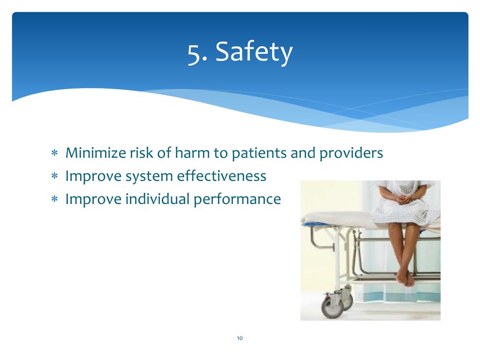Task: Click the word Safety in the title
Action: tap(254, 52)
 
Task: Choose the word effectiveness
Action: tap(222, 176)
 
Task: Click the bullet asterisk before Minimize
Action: tap(54, 153)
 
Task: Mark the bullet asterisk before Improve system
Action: tap(54, 176)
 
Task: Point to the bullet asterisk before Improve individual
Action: tap(54, 199)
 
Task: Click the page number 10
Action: tap(240, 338)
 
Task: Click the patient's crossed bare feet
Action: tap(405, 277)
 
